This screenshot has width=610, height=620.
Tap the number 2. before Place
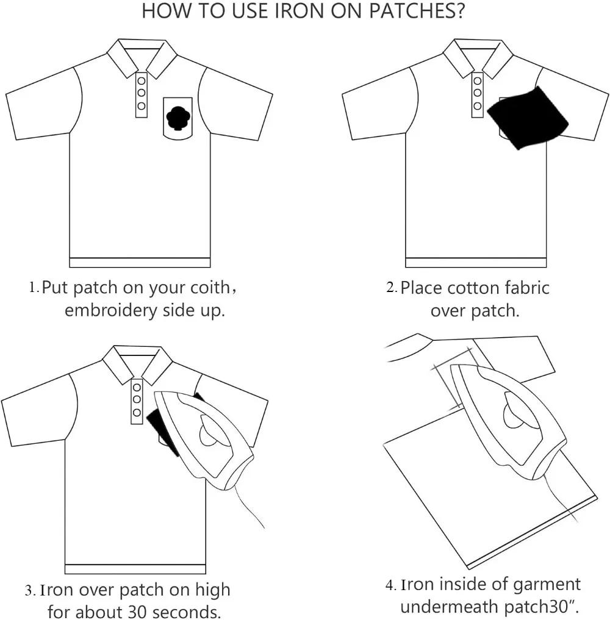click(x=392, y=287)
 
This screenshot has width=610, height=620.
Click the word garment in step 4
click(x=547, y=584)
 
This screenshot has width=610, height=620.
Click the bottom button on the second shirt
click(x=478, y=106)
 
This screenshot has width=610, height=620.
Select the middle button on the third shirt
click(x=137, y=399)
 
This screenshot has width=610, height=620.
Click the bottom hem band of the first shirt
click(x=140, y=263)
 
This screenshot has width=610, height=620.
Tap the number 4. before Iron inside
click(x=391, y=585)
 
